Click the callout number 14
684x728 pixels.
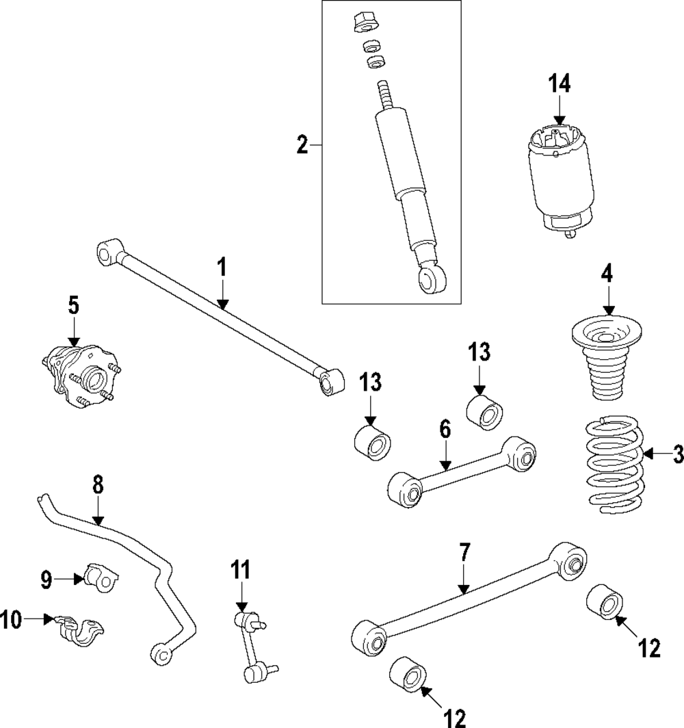[559, 84]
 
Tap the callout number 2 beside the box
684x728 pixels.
[302, 145]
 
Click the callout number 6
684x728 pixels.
[445, 430]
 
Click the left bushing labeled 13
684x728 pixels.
[372, 442]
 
